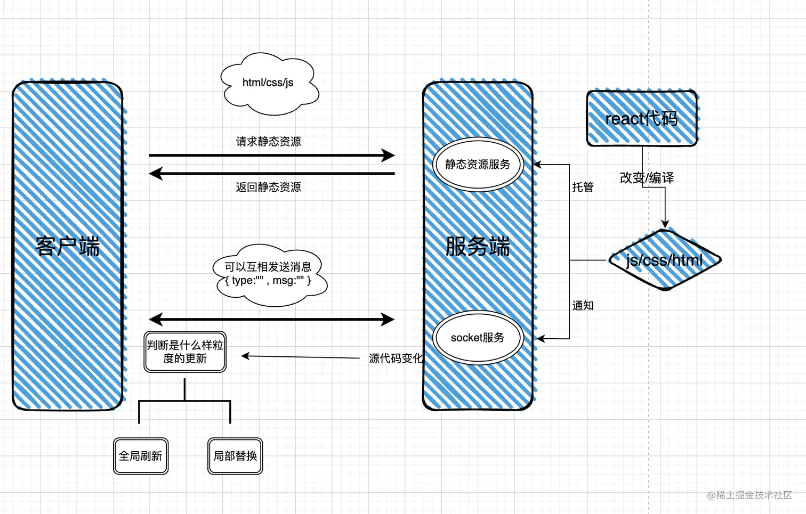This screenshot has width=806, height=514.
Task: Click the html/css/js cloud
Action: point(268,84)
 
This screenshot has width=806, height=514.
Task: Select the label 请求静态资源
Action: point(268,142)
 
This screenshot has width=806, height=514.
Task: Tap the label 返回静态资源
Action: point(268,187)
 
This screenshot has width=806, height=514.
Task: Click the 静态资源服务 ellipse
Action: point(478,165)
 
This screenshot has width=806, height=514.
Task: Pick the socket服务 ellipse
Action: point(478,338)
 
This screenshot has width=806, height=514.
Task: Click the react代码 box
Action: point(642,118)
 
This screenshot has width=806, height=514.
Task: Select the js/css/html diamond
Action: point(664,260)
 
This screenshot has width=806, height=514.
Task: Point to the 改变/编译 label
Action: point(647,178)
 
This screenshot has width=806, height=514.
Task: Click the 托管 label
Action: point(583,187)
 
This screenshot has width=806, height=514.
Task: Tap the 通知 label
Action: point(583,306)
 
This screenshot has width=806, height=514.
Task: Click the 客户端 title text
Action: point(68,247)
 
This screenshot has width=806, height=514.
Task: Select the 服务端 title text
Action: point(478,247)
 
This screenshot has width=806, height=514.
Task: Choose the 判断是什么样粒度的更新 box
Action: point(185,352)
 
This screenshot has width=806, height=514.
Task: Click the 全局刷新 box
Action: point(141,456)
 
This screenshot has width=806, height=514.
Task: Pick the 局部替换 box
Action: point(235,456)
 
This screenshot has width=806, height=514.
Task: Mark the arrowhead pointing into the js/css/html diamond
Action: point(665,224)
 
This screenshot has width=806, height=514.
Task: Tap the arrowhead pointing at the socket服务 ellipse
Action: point(540,338)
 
